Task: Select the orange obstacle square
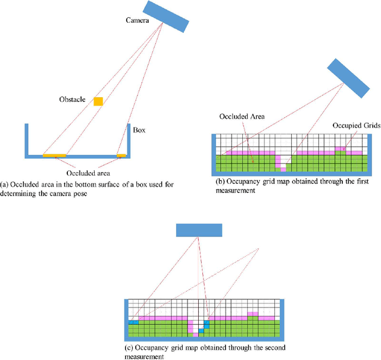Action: click(x=98, y=101)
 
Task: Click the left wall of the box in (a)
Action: click(x=27, y=140)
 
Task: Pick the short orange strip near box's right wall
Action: click(x=121, y=156)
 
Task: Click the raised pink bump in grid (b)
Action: click(x=339, y=149)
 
